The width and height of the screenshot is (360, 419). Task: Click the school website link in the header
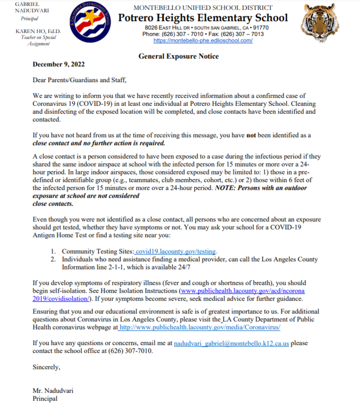click(203, 40)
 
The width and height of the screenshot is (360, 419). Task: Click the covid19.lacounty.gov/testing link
click(176, 251)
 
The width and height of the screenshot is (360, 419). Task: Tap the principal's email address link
click(231, 343)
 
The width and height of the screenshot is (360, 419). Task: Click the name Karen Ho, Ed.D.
click(39, 31)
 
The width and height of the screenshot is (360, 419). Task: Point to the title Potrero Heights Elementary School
click(203, 18)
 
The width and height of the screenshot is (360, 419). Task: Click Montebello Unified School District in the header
click(203, 7)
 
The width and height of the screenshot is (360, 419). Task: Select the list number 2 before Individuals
click(53, 259)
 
